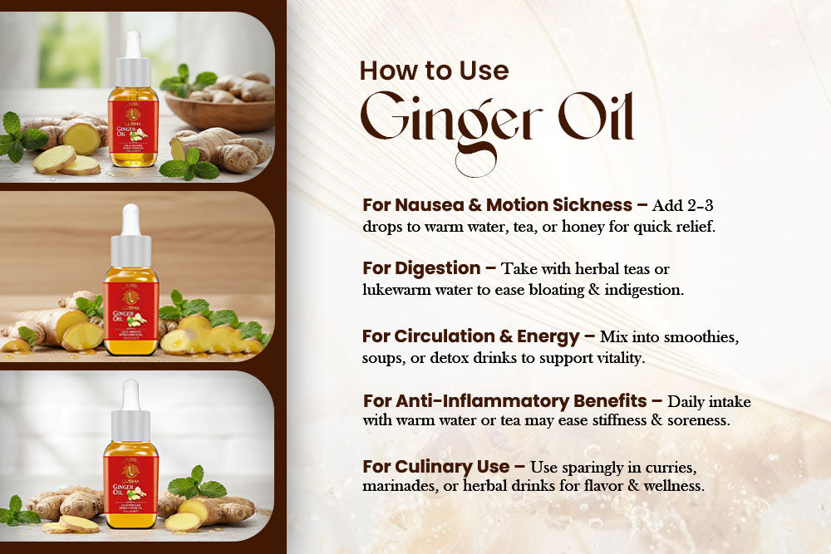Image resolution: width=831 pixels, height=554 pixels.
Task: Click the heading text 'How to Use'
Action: [x=433, y=71]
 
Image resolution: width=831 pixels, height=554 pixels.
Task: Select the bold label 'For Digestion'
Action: [x=421, y=269]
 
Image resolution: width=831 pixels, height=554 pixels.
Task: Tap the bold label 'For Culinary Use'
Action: [x=435, y=466]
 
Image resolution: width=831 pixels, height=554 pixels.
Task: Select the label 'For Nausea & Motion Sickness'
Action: [x=496, y=205]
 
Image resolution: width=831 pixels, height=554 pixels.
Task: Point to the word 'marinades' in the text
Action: [x=395, y=486]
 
